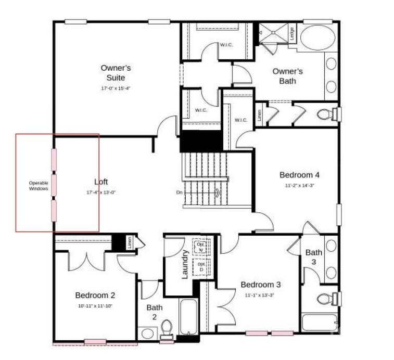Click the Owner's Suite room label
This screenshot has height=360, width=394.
[116, 73]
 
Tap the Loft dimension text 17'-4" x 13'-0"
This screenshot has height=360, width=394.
[101, 192]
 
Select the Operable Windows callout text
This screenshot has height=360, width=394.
[39, 186]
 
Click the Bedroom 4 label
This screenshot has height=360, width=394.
[300, 175]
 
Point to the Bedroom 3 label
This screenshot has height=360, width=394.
[260, 285]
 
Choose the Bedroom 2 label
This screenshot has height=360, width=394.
[95, 295]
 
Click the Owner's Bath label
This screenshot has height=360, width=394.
[287, 76]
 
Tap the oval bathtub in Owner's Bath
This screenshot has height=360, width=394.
[317, 37]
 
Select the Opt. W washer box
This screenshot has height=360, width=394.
[200, 246]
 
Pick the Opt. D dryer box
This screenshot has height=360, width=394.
[201, 267]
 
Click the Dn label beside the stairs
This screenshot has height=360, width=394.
[179, 192]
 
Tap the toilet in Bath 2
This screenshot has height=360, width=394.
[167, 328]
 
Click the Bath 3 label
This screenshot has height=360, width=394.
[313, 257]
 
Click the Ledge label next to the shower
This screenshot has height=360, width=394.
[292, 34]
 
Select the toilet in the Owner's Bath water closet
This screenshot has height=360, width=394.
[326, 114]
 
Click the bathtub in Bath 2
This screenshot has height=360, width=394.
[188, 316]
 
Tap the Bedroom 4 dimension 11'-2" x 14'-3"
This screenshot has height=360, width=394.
[300, 185]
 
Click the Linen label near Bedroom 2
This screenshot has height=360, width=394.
[129, 242]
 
